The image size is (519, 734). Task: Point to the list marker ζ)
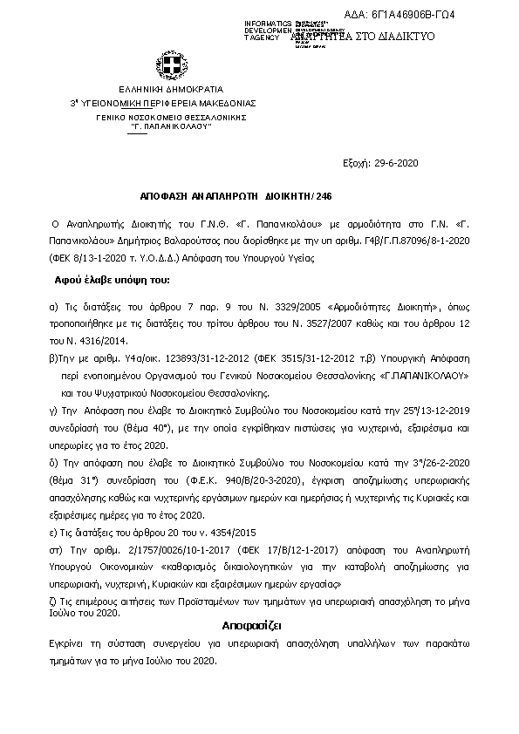tap(54, 601)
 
